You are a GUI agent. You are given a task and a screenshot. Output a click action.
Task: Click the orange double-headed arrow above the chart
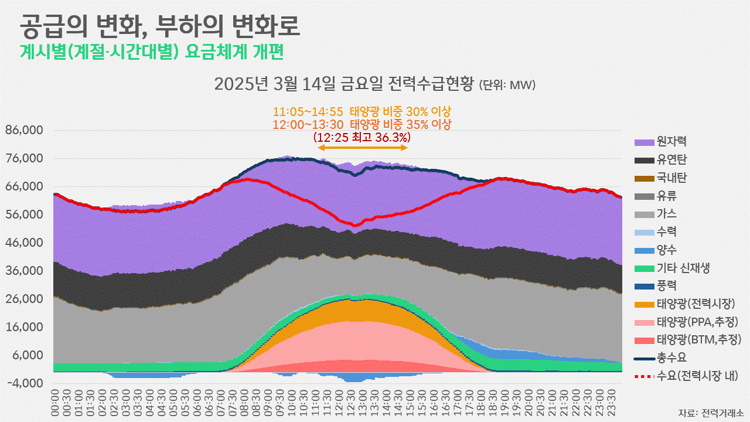[x=362, y=148]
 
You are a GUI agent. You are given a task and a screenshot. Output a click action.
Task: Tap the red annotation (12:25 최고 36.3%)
[x=362, y=137]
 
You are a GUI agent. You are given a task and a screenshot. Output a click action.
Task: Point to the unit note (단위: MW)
[x=507, y=86]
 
